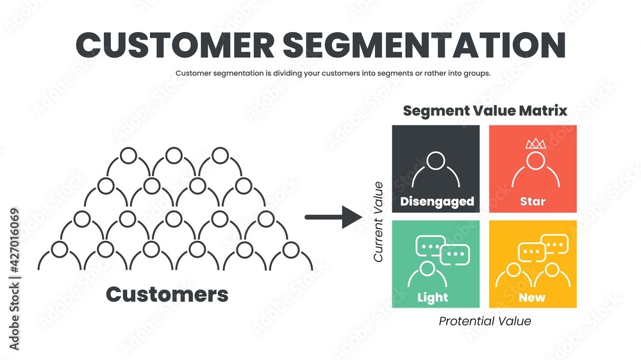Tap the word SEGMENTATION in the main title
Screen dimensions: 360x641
424,45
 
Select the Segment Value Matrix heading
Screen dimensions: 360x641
485,110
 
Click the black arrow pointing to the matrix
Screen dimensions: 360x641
333,217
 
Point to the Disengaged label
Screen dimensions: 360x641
437,202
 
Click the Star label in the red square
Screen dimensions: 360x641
533,202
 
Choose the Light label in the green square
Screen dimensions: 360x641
433,297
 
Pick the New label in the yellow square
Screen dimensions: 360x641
533,297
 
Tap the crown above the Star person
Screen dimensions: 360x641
535,143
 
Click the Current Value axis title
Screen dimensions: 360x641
378,222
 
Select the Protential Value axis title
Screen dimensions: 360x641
485,321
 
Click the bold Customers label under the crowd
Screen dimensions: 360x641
167,294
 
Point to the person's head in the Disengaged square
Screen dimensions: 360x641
436,160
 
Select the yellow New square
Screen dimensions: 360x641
533,264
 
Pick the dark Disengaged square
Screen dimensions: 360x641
436,168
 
